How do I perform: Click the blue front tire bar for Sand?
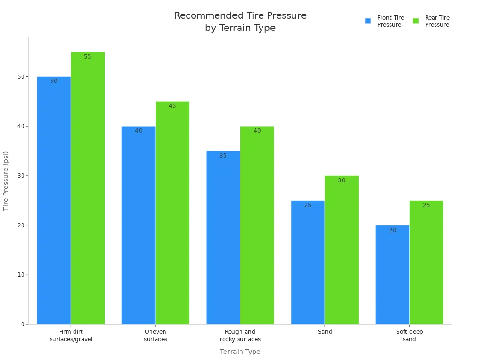(307, 262)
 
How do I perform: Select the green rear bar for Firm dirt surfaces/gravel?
(88, 187)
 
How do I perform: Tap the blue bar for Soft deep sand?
(392, 275)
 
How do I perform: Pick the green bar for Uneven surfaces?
(172, 213)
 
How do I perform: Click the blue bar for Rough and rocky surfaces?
(223, 238)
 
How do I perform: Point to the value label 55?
(88, 57)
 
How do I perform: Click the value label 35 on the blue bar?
(223, 156)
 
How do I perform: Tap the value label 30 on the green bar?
(342, 180)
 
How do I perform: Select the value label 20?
(393, 230)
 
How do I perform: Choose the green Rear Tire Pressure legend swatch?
(416, 21)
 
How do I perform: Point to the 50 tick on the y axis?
(22, 77)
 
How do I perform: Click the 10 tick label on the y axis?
(22, 275)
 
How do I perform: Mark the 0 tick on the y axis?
(22, 324)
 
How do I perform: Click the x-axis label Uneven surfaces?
(156, 336)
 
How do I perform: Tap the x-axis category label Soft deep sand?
(409, 336)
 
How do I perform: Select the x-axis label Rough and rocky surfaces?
(240, 336)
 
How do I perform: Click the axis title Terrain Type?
(240, 352)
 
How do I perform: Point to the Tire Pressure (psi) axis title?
(6, 180)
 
